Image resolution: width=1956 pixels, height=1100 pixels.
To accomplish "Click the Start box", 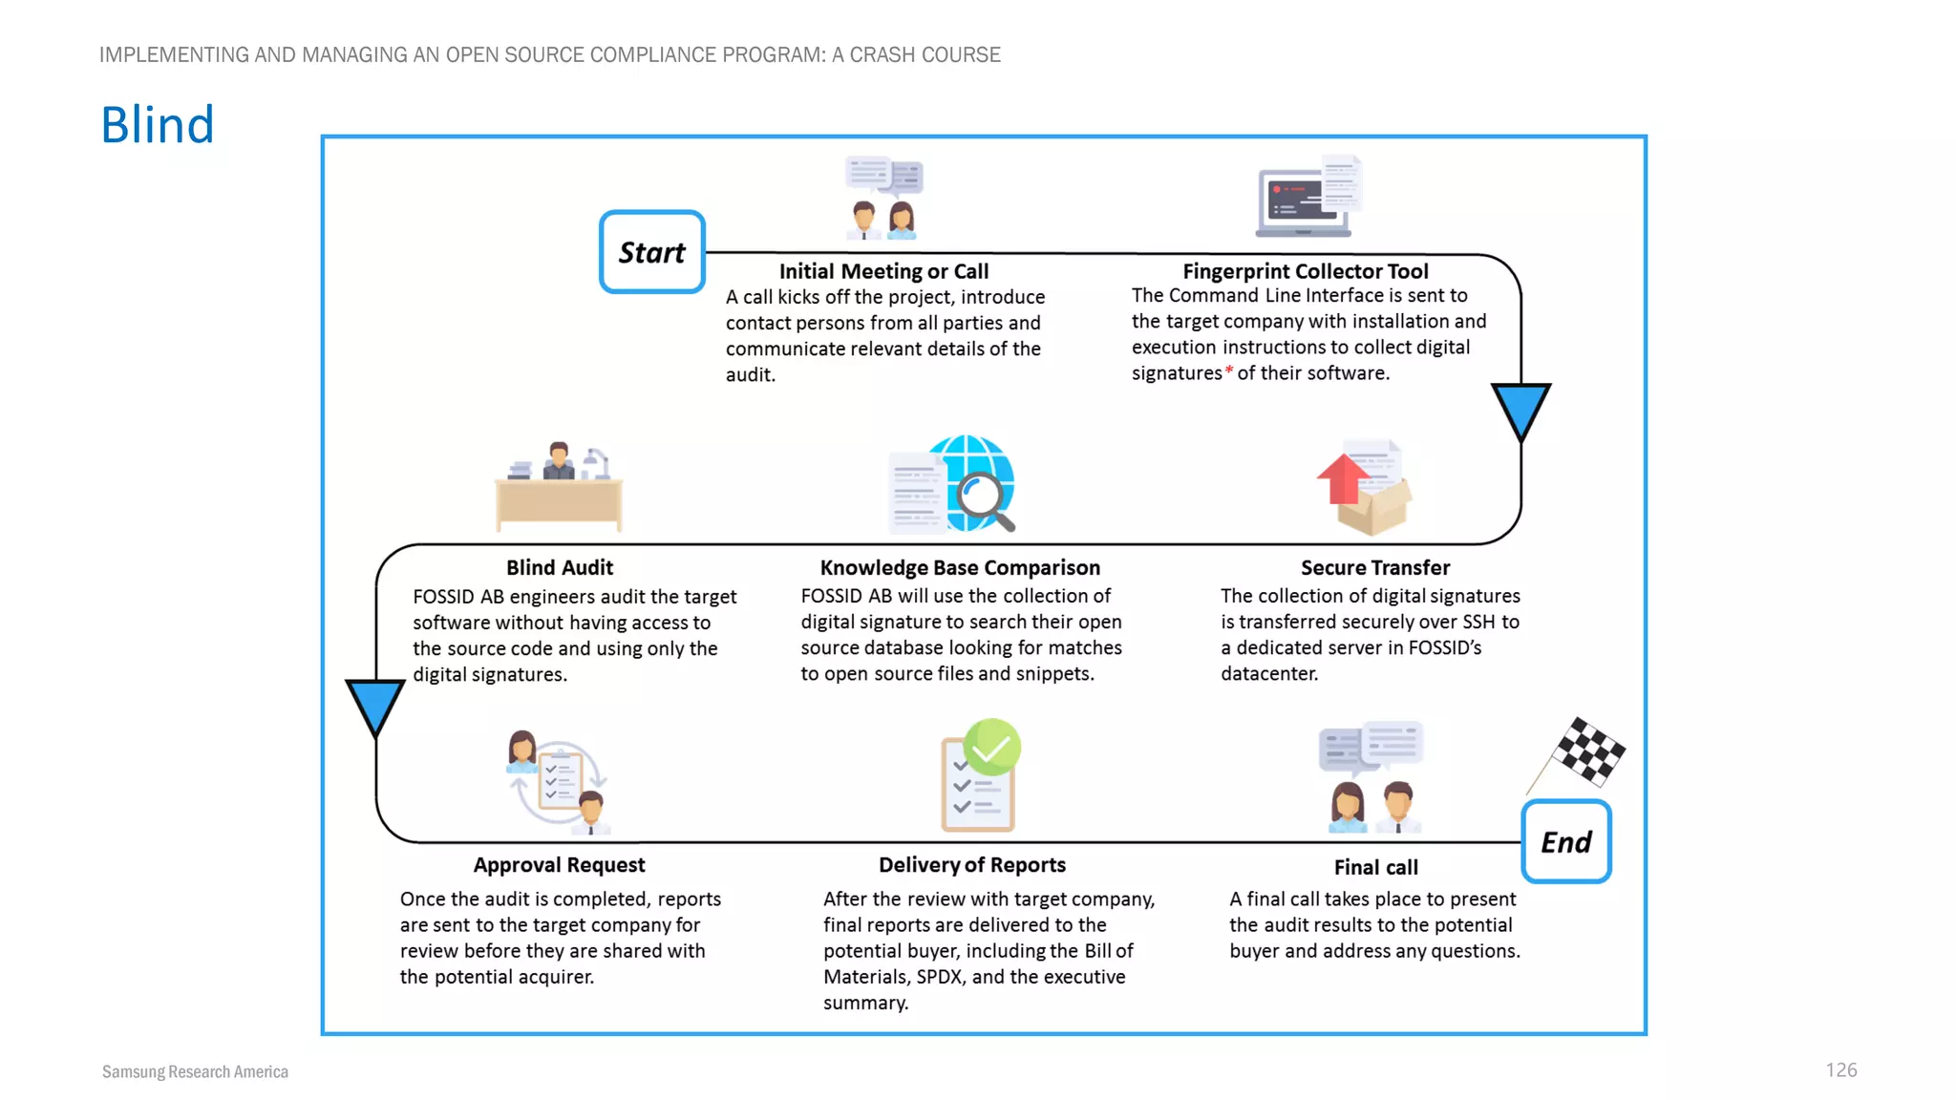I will (x=651, y=252).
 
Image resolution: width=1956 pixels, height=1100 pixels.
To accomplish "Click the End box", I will (x=1565, y=841).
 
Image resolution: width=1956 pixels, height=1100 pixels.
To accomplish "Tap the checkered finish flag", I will (x=1586, y=751).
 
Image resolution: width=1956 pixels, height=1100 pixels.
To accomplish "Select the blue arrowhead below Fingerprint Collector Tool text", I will (x=1520, y=410).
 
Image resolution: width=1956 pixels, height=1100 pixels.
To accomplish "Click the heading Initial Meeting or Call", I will (x=883, y=271).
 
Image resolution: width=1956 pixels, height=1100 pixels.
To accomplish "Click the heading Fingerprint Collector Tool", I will (x=1305, y=271).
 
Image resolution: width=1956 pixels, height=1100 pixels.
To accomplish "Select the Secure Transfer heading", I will (x=1374, y=567).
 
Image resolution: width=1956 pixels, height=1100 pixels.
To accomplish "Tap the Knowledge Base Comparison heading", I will (x=960, y=567).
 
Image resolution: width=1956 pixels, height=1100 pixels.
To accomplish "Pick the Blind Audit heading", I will (x=560, y=567).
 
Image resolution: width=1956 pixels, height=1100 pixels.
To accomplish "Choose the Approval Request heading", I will (x=560, y=864).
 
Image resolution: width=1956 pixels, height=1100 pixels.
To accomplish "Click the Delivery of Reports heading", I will (x=971, y=864).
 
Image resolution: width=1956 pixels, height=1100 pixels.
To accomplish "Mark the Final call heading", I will (x=1375, y=867).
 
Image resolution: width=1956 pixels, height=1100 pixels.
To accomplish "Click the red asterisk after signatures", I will (x=1229, y=370).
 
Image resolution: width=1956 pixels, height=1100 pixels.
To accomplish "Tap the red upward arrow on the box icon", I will (x=1343, y=477).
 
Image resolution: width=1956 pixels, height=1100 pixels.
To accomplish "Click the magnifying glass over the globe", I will (x=984, y=499).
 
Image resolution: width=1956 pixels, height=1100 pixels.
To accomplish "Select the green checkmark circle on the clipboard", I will (x=991, y=748).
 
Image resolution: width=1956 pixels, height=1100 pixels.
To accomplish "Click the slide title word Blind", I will (x=158, y=125).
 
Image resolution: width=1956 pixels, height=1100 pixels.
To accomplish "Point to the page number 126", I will (x=1840, y=1069).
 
